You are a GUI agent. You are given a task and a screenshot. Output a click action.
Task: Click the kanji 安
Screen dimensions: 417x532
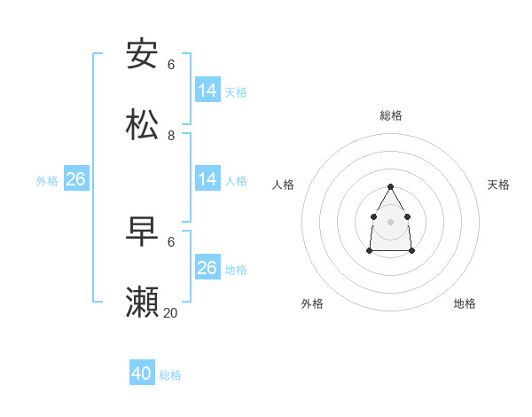pos(143,54)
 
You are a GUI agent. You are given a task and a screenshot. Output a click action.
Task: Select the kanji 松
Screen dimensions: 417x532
pos(143,125)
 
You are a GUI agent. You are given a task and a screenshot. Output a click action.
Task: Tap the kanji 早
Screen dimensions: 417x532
pos(143,232)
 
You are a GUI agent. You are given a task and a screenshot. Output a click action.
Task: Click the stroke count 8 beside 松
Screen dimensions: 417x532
pos(171,136)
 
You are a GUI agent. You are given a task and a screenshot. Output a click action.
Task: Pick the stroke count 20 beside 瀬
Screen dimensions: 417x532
pos(170,313)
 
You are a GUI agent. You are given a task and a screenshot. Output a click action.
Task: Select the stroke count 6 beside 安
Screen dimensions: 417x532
pos(171,65)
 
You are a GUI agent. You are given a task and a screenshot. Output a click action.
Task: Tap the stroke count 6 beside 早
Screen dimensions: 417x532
pos(171,242)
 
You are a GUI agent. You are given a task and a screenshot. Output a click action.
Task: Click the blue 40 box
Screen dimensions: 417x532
pos(142,374)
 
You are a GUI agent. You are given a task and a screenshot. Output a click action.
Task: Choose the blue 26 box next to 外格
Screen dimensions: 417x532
pos(75,179)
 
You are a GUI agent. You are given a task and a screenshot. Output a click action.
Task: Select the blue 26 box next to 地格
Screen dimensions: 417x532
pos(207,268)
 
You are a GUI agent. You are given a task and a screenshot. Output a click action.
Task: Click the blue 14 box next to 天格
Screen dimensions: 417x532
pos(207,90)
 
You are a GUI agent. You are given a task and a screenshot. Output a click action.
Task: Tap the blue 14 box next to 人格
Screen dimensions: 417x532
pos(207,179)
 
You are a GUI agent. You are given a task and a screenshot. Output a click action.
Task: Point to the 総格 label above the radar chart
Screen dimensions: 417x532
pos(391,115)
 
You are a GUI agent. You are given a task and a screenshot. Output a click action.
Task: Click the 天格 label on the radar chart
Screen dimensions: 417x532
pos(498,185)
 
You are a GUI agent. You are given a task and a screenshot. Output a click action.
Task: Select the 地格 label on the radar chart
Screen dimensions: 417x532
pos(465,303)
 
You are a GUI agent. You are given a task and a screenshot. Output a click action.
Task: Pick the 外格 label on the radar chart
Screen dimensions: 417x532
pos(312,303)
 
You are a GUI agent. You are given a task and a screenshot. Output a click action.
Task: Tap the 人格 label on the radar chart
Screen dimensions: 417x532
pos(284,185)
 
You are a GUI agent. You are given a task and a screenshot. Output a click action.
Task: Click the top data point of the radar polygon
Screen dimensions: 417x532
pos(390,186)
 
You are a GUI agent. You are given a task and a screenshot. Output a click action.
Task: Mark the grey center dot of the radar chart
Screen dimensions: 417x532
pos(390,221)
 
